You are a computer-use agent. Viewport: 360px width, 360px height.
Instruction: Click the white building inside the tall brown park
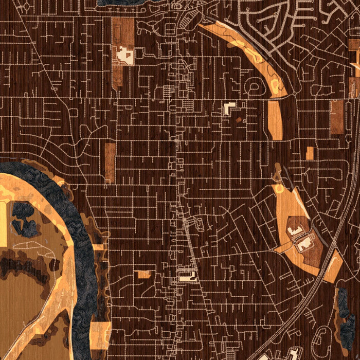[x=125, y=55]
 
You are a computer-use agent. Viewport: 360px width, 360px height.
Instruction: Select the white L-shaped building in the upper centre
[x=228, y=108]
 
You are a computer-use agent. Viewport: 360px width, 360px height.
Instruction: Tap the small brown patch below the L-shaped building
[x=238, y=120]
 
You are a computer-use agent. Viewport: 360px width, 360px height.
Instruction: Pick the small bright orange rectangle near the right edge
[x=309, y=153]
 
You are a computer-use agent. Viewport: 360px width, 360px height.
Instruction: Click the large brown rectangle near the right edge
[x=337, y=117]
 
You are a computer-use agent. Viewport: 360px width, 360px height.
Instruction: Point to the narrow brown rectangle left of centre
[x=110, y=162]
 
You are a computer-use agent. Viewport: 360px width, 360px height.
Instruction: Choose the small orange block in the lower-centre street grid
[x=145, y=274]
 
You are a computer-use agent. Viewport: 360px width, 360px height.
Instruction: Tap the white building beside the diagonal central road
[x=187, y=277]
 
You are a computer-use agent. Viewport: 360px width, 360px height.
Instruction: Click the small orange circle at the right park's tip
[x=280, y=189]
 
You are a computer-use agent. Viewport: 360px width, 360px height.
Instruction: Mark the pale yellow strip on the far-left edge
[x=3, y=224]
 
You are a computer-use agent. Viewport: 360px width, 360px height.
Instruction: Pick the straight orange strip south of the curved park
[x=275, y=120]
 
